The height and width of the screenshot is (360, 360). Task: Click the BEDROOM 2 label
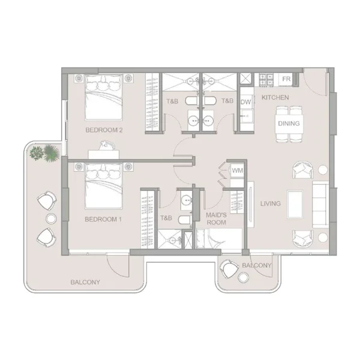[104, 130]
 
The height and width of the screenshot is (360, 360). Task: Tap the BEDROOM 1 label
[103, 219]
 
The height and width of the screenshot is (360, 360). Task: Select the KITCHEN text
[275, 97]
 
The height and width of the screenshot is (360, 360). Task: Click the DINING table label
[289, 123]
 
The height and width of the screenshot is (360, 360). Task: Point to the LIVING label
[271, 203]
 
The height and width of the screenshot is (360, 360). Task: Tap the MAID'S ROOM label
[216, 218]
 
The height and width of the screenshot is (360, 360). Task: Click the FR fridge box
[286, 79]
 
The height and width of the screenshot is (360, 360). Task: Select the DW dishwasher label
[245, 102]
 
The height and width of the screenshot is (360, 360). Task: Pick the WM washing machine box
[237, 170]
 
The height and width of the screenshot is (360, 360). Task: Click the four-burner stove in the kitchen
[266, 80]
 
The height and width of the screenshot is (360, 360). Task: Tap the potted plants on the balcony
[44, 152]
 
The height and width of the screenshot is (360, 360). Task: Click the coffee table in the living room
[295, 204]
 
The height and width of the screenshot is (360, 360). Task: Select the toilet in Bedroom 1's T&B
[185, 220]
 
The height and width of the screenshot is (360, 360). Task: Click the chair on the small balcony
[229, 269]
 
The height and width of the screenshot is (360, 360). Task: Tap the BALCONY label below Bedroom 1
[85, 282]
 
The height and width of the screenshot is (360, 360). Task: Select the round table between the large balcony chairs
[51, 218]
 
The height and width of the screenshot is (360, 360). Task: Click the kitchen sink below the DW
[247, 116]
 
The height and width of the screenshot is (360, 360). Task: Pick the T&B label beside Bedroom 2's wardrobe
[172, 101]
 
